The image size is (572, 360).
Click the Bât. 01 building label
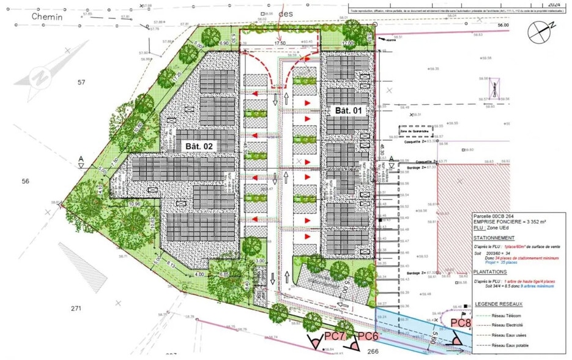coord(348,110)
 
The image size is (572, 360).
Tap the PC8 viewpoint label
coord(459,323)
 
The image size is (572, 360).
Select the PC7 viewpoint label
coord(335,336)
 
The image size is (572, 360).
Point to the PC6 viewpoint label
coord(369,336)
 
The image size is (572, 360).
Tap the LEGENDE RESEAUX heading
coord(502,304)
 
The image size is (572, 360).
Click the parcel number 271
coord(76,308)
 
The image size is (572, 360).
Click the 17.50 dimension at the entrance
coord(280,43)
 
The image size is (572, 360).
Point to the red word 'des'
coord(286,13)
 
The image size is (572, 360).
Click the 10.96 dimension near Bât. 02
coord(136,203)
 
